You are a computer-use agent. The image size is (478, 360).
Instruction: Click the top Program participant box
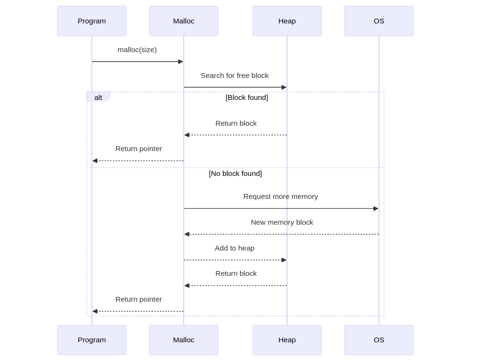tap(92, 21)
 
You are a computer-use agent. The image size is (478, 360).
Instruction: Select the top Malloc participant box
tap(184, 21)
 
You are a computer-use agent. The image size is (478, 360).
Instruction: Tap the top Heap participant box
tap(287, 21)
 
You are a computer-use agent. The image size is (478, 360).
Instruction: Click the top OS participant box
tap(379, 21)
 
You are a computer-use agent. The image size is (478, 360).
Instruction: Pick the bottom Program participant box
tap(92, 340)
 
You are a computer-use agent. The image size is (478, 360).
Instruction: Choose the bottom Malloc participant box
tap(184, 340)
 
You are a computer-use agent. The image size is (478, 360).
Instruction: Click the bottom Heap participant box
tap(287, 340)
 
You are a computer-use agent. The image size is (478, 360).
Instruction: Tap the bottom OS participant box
tap(379, 340)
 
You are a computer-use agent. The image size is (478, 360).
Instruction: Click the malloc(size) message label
tap(137, 50)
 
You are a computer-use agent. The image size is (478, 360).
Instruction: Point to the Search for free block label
tap(234, 76)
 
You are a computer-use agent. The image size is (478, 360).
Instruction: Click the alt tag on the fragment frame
tap(98, 97)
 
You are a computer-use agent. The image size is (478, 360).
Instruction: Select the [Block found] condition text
tap(247, 98)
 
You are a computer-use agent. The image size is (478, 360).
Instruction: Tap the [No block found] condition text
tap(235, 174)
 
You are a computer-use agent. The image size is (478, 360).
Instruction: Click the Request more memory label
tap(280, 196)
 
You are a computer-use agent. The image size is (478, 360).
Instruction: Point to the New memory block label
tap(282, 222)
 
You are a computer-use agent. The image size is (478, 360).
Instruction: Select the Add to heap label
tap(234, 248)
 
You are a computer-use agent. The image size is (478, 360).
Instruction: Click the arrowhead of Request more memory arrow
tap(376, 208)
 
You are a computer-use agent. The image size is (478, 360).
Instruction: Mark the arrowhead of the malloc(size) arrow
tap(180, 62)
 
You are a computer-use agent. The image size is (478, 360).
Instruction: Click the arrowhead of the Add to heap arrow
tap(284, 260)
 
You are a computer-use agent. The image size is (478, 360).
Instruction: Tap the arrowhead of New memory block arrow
tap(187, 234)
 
